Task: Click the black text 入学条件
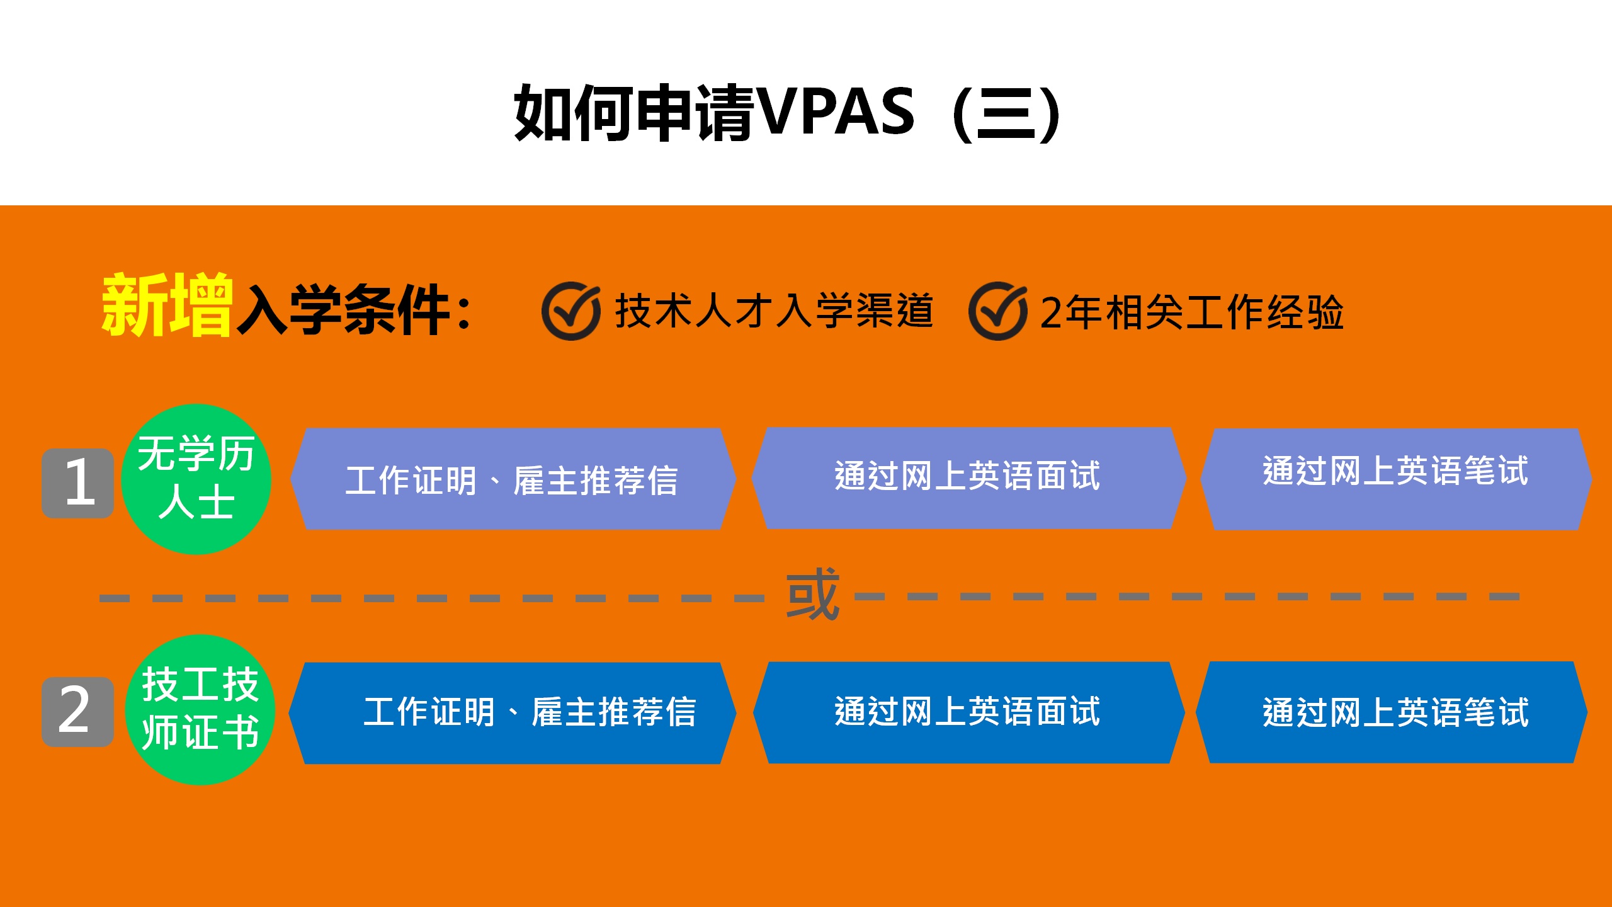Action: (343, 310)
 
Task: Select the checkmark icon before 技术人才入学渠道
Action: (571, 311)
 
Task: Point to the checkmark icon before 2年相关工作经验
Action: (998, 311)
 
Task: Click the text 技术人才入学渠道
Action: (774, 311)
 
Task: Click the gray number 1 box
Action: (78, 483)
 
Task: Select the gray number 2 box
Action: (78, 712)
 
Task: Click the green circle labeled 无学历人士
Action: (196, 479)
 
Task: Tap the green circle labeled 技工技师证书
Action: (200, 710)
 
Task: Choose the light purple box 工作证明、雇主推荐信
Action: (513, 480)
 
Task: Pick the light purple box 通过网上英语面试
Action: (968, 477)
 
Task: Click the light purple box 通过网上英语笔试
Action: (1395, 479)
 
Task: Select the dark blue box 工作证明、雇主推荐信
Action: (513, 712)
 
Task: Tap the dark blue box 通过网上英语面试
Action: (968, 712)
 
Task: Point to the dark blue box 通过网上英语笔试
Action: (1392, 712)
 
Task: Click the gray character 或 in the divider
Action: (812, 595)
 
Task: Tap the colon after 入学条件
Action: (465, 313)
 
